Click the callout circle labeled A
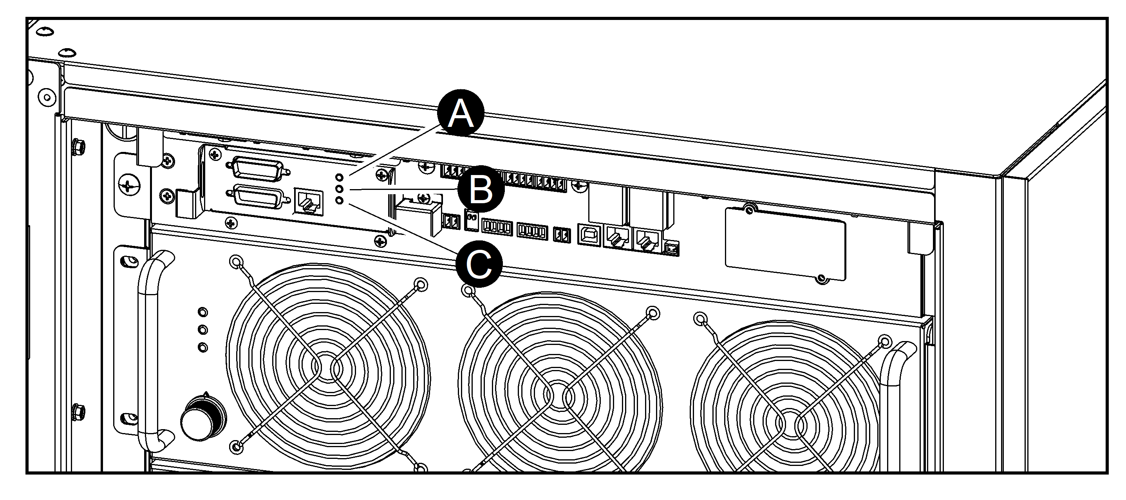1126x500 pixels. coord(461,113)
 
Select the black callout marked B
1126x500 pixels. coord(481,189)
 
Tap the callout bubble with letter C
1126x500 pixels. coord(479,264)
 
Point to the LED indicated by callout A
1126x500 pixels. coord(340,177)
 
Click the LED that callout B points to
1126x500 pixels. coord(340,189)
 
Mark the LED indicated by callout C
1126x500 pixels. coord(340,200)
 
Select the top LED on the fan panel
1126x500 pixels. coord(203,312)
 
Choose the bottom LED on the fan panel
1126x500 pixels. coord(203,347)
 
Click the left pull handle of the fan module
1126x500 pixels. coord(148,350)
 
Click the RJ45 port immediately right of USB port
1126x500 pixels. coord(617,237)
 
